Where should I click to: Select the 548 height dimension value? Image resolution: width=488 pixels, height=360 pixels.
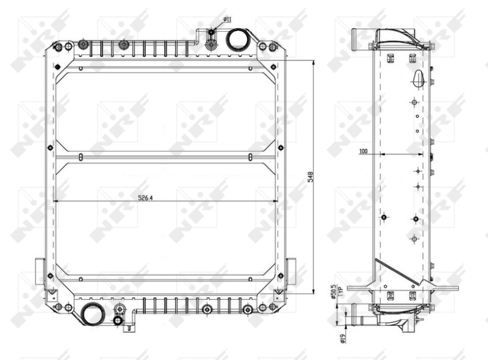point(310,177)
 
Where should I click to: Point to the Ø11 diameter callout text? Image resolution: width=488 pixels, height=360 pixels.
point(227,20)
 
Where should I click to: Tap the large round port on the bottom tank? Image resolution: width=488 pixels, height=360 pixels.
point(91,314)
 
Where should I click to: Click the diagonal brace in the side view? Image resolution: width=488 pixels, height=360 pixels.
point(396,272)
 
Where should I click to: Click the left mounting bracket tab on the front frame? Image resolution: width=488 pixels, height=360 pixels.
point(40,272)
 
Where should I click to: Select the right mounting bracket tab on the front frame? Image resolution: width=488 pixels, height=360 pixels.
point(291,272)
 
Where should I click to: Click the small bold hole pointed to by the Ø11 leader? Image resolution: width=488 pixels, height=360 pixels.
point(211,32)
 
